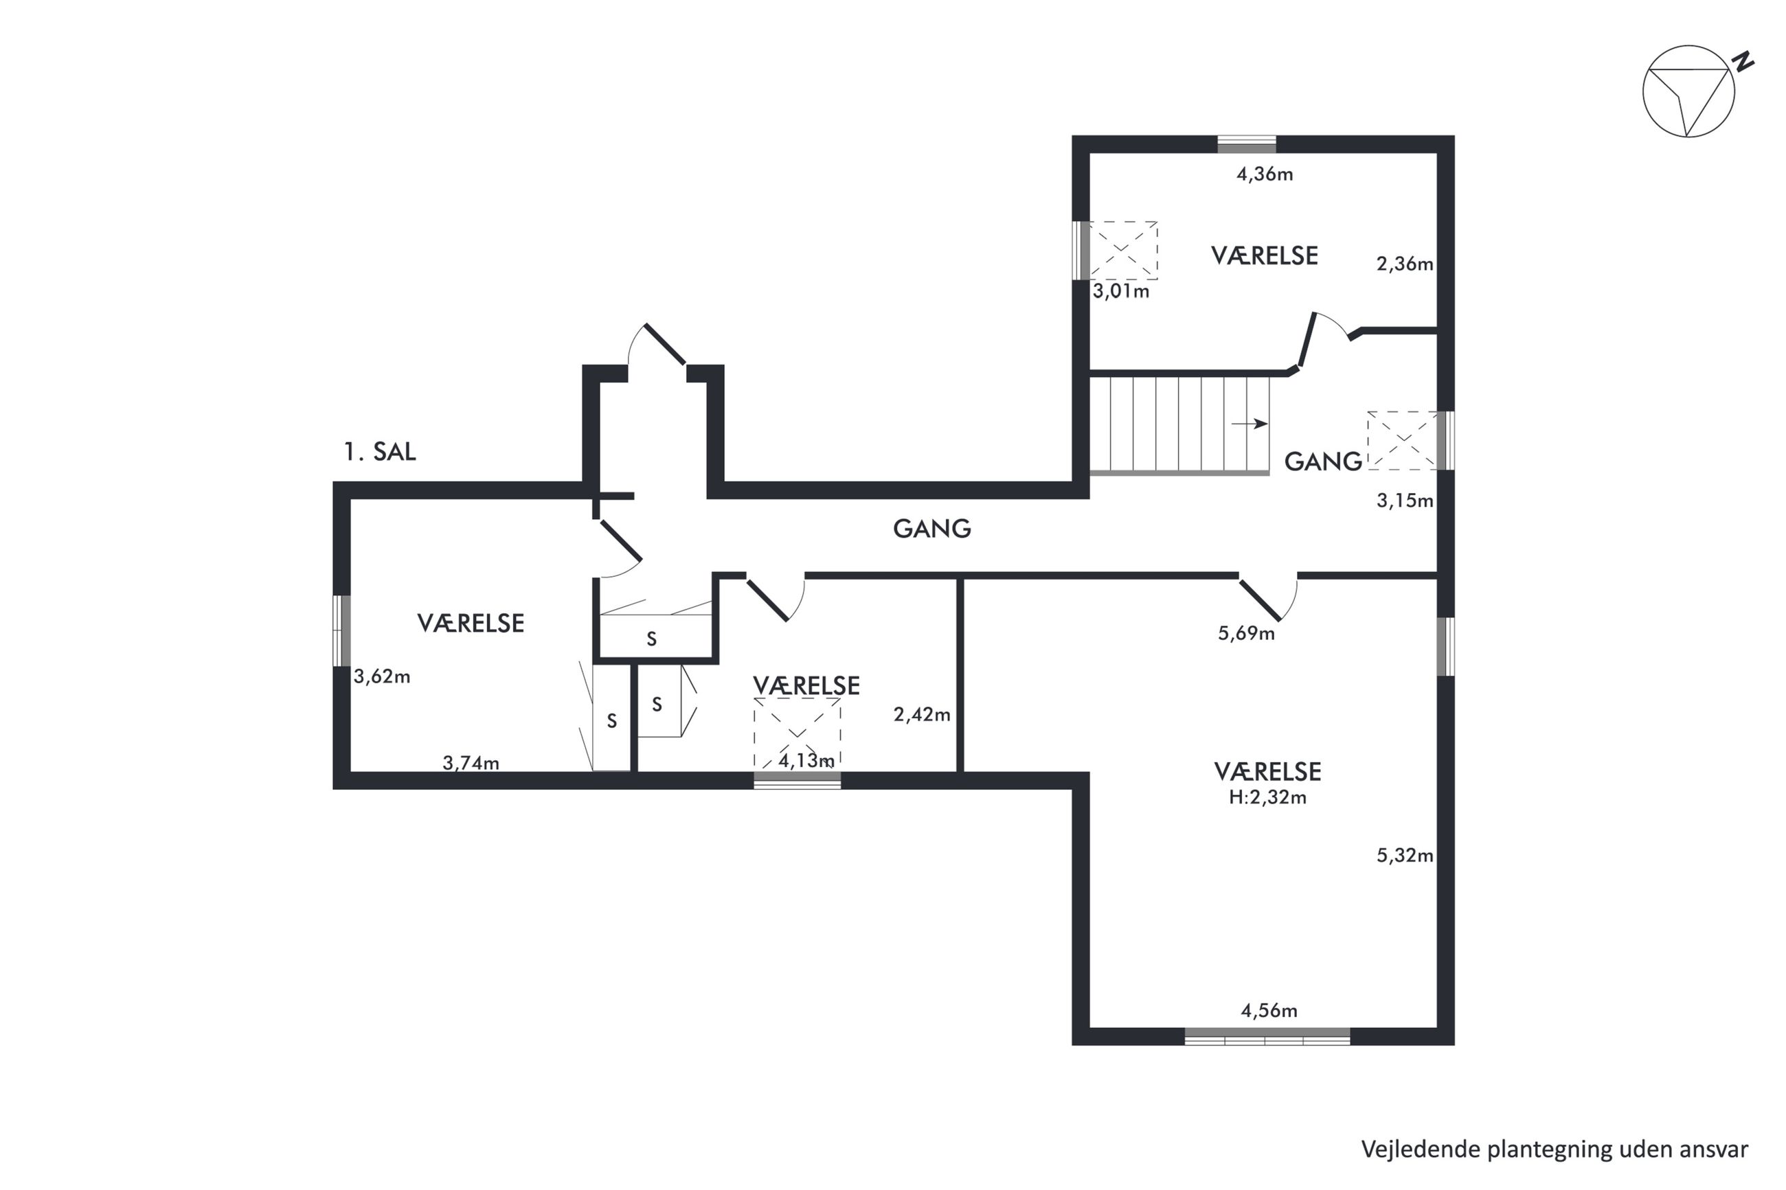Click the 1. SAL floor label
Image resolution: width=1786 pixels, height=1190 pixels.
pyautogui.click(x=379, y=452)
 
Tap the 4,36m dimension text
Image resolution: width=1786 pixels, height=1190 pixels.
pyautogui.click(x=1265, y=174)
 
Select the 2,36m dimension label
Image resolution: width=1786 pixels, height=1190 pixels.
pyautogui.click(x=1405, y=264)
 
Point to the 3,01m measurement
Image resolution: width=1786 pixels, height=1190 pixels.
pyautogui.click(x=1121, y=290)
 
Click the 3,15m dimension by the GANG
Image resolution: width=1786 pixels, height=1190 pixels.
pyautogui.click(x=1405, y=500)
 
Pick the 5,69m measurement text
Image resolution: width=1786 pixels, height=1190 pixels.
pyautogui.click(x=1246, y=633)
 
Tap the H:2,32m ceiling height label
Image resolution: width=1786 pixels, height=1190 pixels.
pyautogui.click(x=1267, y=797)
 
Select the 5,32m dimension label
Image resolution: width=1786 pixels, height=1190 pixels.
pyautogui.click(x=1405, y=856)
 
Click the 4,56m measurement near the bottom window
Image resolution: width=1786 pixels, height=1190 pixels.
pyautogui.click(x=1269, y=1010)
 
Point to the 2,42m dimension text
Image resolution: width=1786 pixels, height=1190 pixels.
pyautogui.click(x=921, y=714)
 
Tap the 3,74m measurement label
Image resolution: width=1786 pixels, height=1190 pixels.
pyautogui.click(x=471, y=763)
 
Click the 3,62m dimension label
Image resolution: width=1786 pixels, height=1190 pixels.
pyautogui.click(x=382, y=676)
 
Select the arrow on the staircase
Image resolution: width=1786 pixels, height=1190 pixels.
pyautogui.click(x=1250, y=424)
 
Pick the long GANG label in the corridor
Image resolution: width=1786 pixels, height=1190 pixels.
pyautogui.click(x=931, y=528)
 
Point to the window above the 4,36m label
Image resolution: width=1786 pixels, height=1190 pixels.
pyautogui.click(x=1246, y=144)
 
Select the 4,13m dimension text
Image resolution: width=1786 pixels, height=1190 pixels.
pyautogui.click(x=806, y=759)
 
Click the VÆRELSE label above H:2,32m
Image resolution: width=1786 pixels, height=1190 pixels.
pyautogui.click(x=1267, y=771)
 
